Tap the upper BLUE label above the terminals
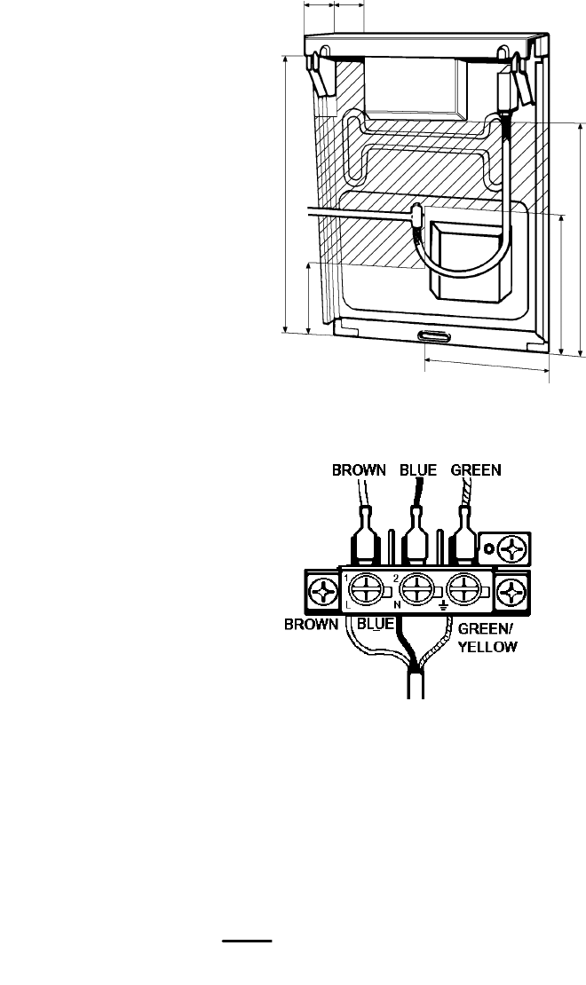pyautogui.click(x=419, y=470)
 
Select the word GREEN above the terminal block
pyautogui.click(x=477, y=470)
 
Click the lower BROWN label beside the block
pyautogui.click(x=311, y=624)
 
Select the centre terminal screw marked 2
pyautogui.click(x=414, y=588)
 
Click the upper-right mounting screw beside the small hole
pyautogui.click(x=513, y=548)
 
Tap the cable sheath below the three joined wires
pyautogui.click(x=416, y=686)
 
